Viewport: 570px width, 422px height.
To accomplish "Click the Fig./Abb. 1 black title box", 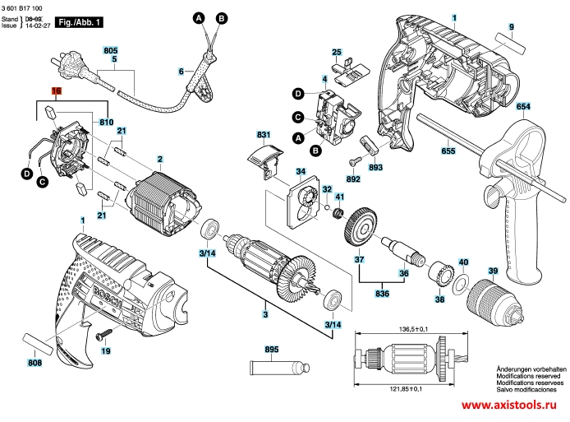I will coord(80,24).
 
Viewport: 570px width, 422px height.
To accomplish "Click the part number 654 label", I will coord(523,107).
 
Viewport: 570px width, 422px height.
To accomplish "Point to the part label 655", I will coord(448,151).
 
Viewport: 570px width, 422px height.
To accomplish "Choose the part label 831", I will coord(263,134).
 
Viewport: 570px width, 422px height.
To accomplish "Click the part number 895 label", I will coord(272,349).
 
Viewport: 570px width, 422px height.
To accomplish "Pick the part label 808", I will coord(34,362).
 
